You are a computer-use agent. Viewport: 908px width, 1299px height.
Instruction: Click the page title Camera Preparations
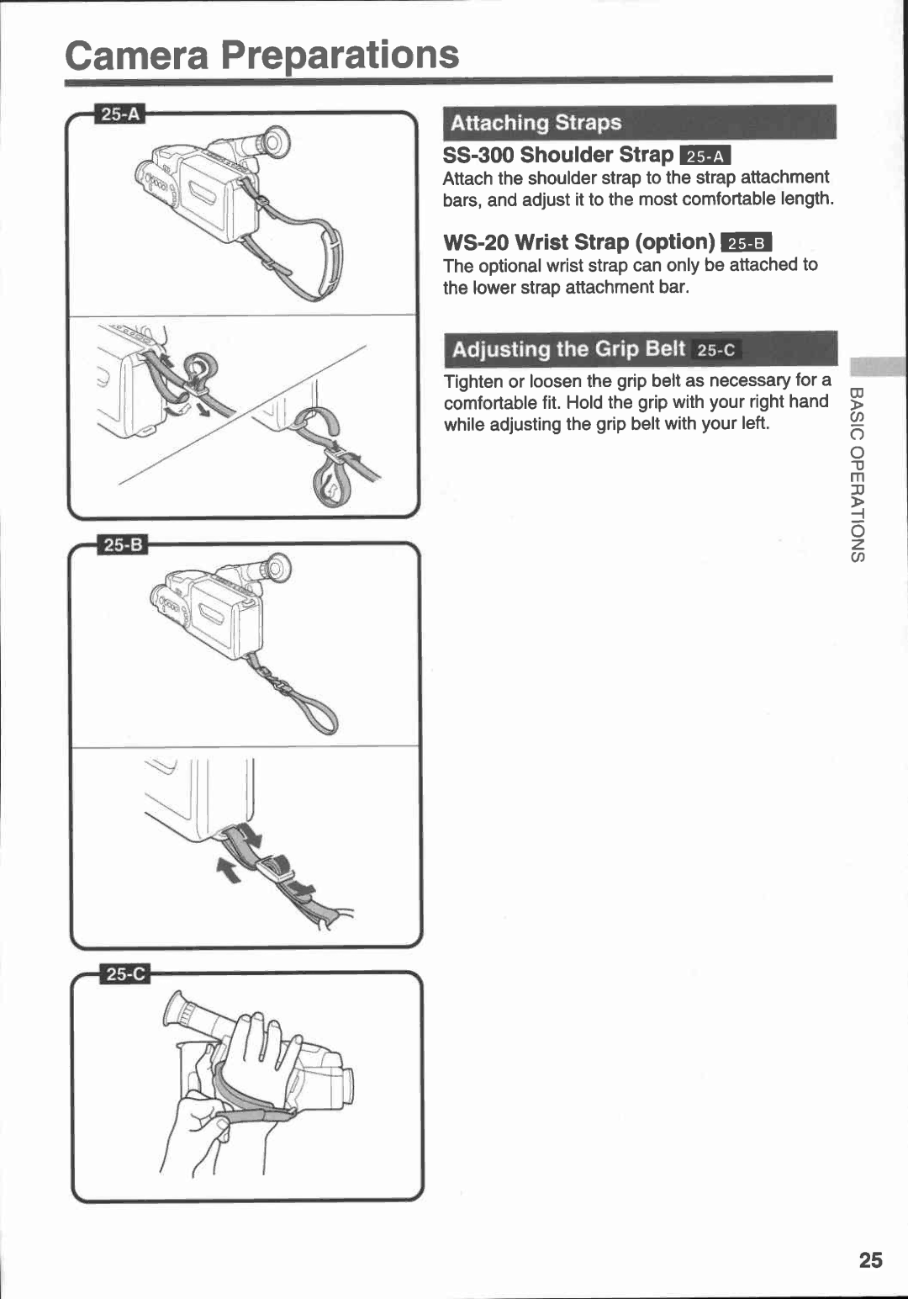pyautogui.click(x=261, y=56)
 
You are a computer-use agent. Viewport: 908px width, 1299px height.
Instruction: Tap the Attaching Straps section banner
pyautogui.click(x=639, y=123)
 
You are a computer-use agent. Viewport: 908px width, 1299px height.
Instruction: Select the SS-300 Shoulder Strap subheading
pyautogui.click(x=558, y=155)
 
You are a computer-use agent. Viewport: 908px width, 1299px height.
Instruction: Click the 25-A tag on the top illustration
pyautogui.click(x=121, y=114)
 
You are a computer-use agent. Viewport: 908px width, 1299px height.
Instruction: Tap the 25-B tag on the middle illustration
pyautogui.click(x=124, y=545)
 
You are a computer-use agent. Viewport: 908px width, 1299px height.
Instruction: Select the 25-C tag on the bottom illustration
pyautogui.click(x=125, y=974)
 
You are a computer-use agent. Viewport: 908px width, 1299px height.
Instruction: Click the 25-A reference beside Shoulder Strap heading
pyautogui.click(x=705, y=156)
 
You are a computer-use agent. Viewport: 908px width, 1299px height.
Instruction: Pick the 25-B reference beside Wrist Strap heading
pyautogui.click(x=746, y=243)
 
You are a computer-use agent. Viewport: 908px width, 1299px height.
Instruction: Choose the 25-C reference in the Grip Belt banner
pyautogui.click(x=715, y=350)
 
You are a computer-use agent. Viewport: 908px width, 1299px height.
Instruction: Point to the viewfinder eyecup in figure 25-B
pyautogui.click(x=277, y=570)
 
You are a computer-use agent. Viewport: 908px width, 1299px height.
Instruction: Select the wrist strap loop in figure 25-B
pyautogui.click(x=319, y=714)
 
